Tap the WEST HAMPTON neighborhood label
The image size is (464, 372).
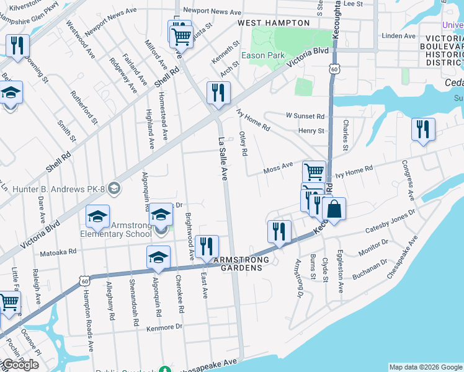click(x=274, y=23)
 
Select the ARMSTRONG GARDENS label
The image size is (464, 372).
click(x=241, y=260)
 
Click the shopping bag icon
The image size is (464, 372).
click(x=334, y=210)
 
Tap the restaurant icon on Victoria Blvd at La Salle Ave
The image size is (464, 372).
click(x=218, y=93)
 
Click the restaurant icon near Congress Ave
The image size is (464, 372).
click(x=423, y=130)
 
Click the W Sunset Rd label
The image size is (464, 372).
click(x=305, y=116)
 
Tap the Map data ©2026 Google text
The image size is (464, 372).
click(x=426, y=367)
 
